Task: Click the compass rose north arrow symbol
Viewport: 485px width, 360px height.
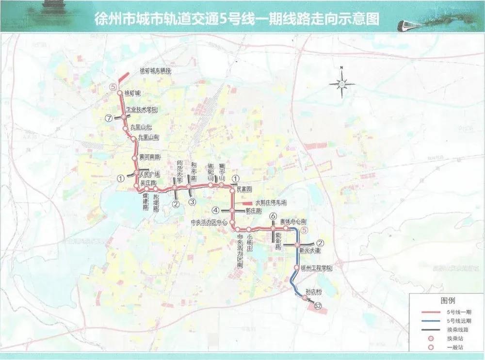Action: [x=342, y=83]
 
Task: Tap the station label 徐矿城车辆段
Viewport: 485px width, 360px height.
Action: [x=156, y=71]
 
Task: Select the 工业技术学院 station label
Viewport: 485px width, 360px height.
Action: [x=142, y=110]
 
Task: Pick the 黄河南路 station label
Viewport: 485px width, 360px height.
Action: [x=149, y=157]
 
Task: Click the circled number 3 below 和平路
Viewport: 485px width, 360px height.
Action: [x=192, y=202]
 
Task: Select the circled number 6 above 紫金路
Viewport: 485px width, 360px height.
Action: [x=273, y=216]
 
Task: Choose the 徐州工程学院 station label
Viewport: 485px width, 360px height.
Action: [x=317, y=268]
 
